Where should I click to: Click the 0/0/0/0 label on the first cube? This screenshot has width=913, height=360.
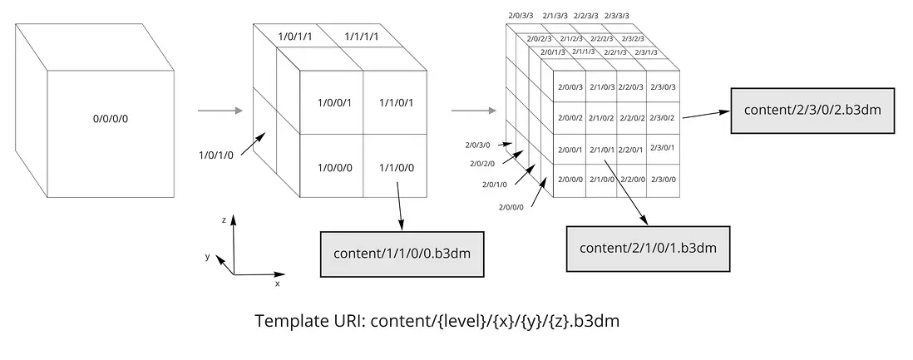click(111, 119)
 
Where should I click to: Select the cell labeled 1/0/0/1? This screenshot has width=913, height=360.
click(331, 102)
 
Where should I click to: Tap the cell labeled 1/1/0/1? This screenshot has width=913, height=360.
click(395, 102)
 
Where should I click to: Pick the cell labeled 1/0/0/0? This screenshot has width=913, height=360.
click(331, 166)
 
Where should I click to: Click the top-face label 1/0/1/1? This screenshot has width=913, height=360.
click(294, 37)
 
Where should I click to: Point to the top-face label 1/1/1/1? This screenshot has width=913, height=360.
click(361, 37)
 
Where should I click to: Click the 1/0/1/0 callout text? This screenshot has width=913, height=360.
click(216, 155)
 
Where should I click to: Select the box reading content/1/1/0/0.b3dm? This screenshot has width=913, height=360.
click(402, 254)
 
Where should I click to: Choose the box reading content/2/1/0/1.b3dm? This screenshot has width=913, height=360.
click(648, 249)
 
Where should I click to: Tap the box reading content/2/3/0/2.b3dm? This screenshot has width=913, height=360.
click(812, 111)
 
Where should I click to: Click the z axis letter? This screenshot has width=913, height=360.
click(224, 220)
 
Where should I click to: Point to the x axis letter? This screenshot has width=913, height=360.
click(277, 284)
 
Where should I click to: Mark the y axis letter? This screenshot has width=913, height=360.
click(207, 256)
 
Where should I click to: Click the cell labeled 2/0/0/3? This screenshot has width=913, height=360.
click(570, 87)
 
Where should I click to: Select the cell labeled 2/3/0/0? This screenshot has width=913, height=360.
click(664, 180)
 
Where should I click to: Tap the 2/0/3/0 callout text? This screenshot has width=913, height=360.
click(477, 145)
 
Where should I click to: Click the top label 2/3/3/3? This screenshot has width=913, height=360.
click(617, 16)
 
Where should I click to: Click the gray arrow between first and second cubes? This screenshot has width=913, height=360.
click(220, 110)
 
